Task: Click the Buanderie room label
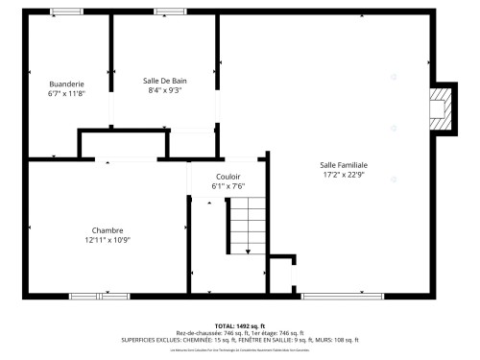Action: coord(66,84)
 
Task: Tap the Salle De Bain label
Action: coord(164,81)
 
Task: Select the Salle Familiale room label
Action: coord(344,165)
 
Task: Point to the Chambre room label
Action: coord(107,229)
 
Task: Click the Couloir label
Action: coord(228,177)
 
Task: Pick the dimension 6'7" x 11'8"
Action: coord(66,93)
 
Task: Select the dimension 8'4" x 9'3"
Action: coord(164,90)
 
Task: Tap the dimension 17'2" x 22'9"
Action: coord(344,175)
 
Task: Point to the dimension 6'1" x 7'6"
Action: coord(228,186)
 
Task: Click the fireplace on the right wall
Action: coord(441,108)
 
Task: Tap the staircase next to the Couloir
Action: coord(246,227)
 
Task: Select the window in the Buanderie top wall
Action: coord(65,12)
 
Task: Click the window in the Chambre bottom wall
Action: coord(98,295)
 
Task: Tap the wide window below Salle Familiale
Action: coord(342,295)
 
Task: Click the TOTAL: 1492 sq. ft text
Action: coord(240,325)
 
